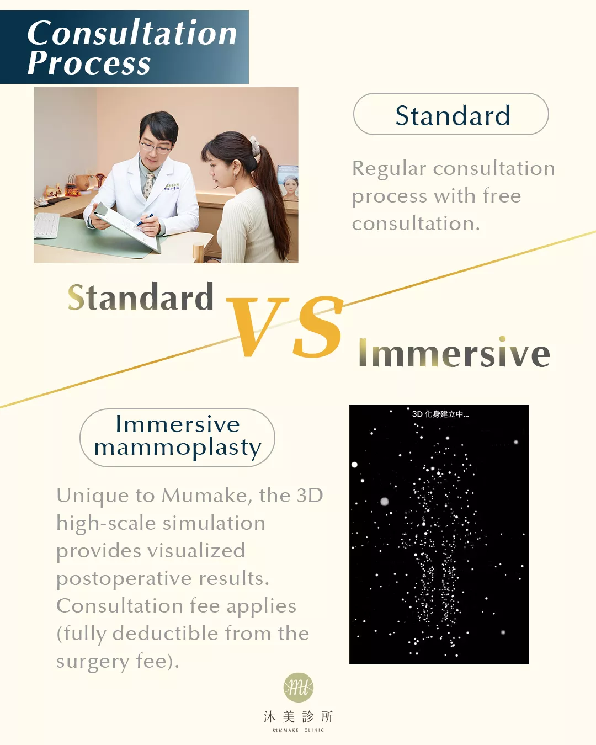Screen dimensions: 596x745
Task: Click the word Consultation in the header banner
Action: [x=132, y=33]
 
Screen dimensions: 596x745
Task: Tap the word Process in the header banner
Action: [x=89, y=63]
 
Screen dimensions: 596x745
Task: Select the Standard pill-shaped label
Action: [x=451, y=114]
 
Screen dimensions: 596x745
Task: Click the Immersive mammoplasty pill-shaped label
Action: [x=177, y=438]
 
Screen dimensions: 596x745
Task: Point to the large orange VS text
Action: [x=285, y=326]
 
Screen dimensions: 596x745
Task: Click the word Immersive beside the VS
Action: [x=454, y=352]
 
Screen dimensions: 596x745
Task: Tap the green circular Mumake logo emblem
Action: [x=299, y=688]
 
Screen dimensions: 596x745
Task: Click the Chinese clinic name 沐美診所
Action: [x=298, y=717]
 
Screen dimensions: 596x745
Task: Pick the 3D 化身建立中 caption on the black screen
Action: [x=440, y=414]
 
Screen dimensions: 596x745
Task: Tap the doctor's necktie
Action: [x=148, y=186]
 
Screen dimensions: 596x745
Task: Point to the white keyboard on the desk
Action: [x=46, y=225]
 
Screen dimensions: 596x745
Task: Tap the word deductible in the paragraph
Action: [x=165, y=634]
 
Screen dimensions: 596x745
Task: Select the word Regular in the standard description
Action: [x=389, y=169]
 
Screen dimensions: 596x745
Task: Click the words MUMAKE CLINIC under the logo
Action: [x=298, y=730]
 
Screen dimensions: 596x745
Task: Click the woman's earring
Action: [x=236, y=177]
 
